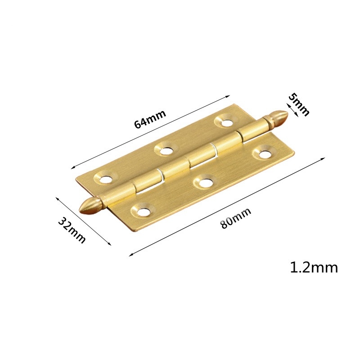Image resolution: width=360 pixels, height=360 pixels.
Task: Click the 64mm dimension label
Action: point(150,119)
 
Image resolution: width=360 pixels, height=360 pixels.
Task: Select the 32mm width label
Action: point(72,230)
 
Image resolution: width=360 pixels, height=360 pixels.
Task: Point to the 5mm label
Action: point(299,104)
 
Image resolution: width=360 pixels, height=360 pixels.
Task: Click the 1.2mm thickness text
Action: point(314,268)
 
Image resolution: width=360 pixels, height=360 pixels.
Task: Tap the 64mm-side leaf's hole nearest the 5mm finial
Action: point(225,121)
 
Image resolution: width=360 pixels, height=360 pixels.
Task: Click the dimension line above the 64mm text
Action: point(150,131)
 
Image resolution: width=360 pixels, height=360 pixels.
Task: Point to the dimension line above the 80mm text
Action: point(227,207)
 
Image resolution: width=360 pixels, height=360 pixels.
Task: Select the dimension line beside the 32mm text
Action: point(83,221)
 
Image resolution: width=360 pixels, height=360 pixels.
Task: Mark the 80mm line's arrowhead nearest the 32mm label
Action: point(130,255)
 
